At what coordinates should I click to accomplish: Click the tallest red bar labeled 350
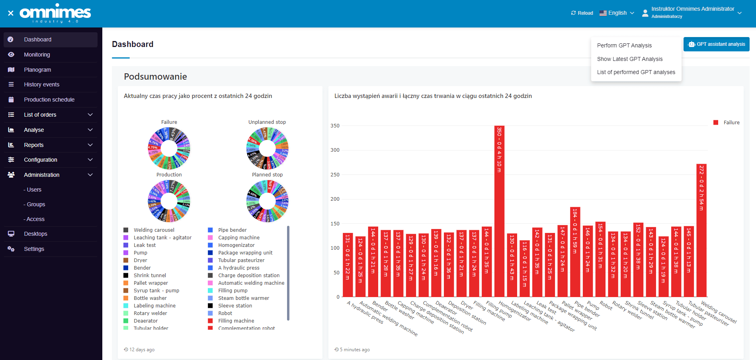tap(499, 211)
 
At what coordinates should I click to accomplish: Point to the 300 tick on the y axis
tap(335, 150)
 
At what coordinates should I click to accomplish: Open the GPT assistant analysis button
tap(716, 44)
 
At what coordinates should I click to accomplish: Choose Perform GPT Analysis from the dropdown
tap(624, 45)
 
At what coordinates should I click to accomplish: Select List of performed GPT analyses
tap(636, 72)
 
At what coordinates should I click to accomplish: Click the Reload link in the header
tap(582, 13)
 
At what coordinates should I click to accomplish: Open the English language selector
tap(617, 13)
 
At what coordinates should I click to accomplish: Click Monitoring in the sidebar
tap(37, 55)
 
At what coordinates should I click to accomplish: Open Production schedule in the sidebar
tap(49, 100)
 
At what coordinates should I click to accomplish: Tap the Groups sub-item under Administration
tap(36, 204)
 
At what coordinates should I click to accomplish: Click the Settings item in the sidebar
tap(34, 249)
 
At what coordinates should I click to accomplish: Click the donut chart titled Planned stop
tap(268, 201)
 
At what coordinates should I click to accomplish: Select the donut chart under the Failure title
tap(169, 149)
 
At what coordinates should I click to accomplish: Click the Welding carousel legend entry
tap(154, 230)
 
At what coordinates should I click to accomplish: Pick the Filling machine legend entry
tap(236, 321)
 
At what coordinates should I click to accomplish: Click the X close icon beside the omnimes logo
tap(11, 13)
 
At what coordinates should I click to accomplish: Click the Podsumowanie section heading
tap(155, 76)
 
